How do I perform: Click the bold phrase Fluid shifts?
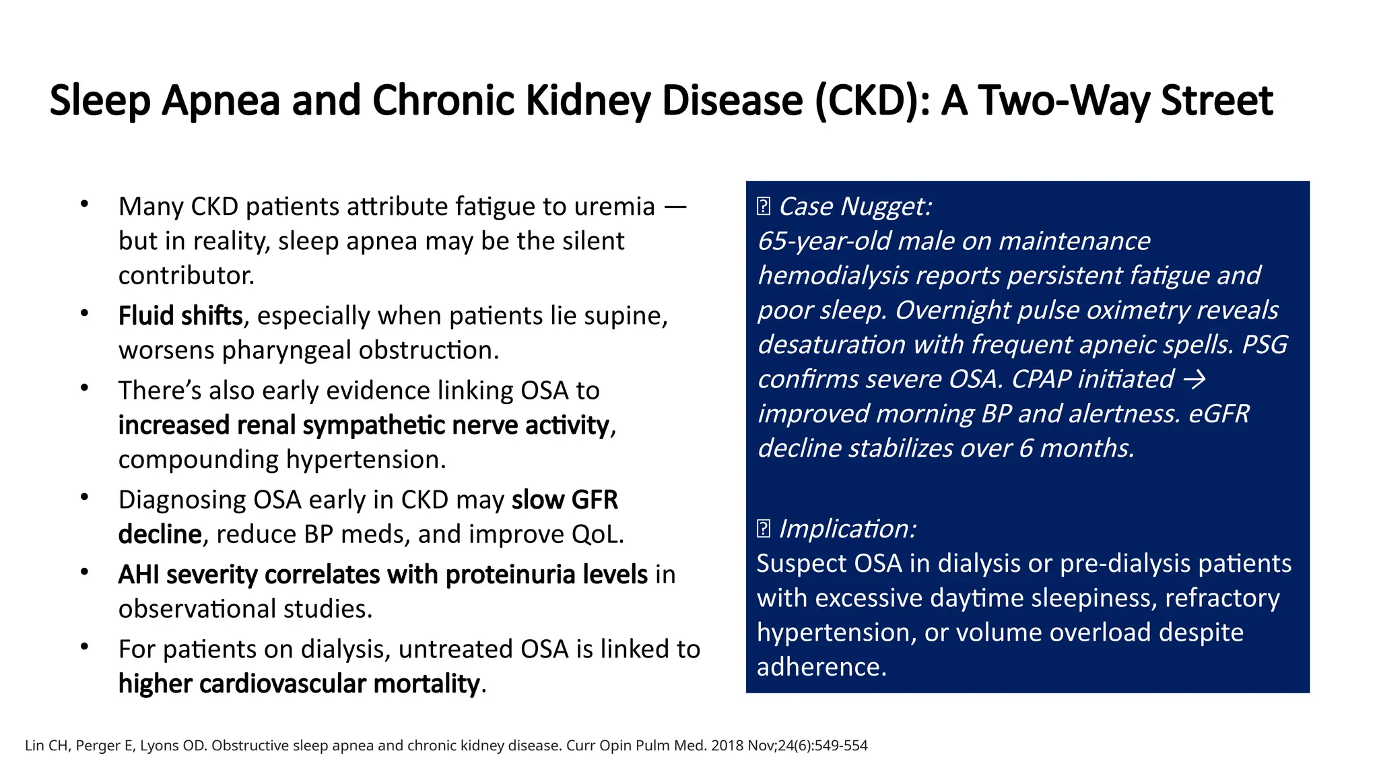click(x=180, y=316)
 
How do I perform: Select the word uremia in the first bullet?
click(x=614, y=207)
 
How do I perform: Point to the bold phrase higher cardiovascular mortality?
click(x=300, y=684)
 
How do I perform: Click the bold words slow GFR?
click(x=564, y=500)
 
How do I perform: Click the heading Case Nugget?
click(x=854, y=207)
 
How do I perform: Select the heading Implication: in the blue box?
click(x=847, y=529)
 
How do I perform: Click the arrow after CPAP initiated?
click(x=1195, y=379)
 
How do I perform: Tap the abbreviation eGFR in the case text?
click(x=1219, y=414)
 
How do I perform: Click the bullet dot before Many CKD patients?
click(x=84, y=204)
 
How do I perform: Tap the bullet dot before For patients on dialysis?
click(x=84, y=647)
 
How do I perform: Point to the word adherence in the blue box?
click(x=821, y=667)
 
